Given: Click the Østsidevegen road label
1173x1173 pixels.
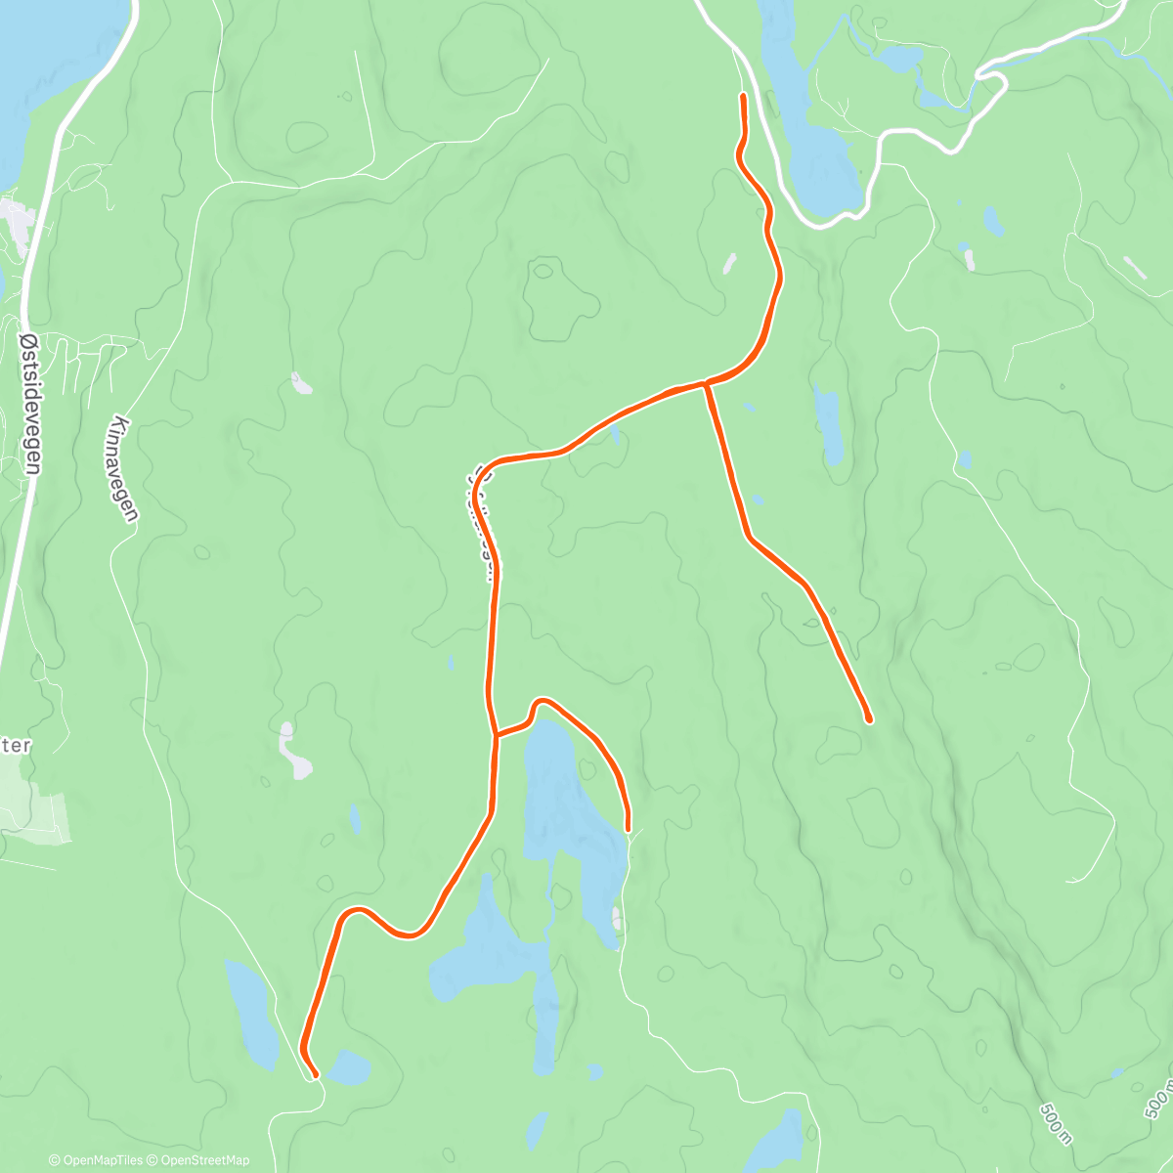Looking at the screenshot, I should click(x=30, y=400).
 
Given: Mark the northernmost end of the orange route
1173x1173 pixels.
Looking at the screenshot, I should click(x=744, y=96).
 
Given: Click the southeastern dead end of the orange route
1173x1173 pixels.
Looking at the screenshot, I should click(x=868, y=719).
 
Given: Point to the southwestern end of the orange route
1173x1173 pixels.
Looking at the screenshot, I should click(x=315, y=1075).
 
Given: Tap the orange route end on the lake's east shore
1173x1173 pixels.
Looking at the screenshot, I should click(x=628, y=830).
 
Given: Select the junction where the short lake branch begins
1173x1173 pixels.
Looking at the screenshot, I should click(x=496, y=733).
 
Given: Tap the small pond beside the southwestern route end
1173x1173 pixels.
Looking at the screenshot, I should click(x=348, y=1067).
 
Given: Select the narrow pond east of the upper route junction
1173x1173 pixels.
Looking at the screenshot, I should click(x=829, y=425).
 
